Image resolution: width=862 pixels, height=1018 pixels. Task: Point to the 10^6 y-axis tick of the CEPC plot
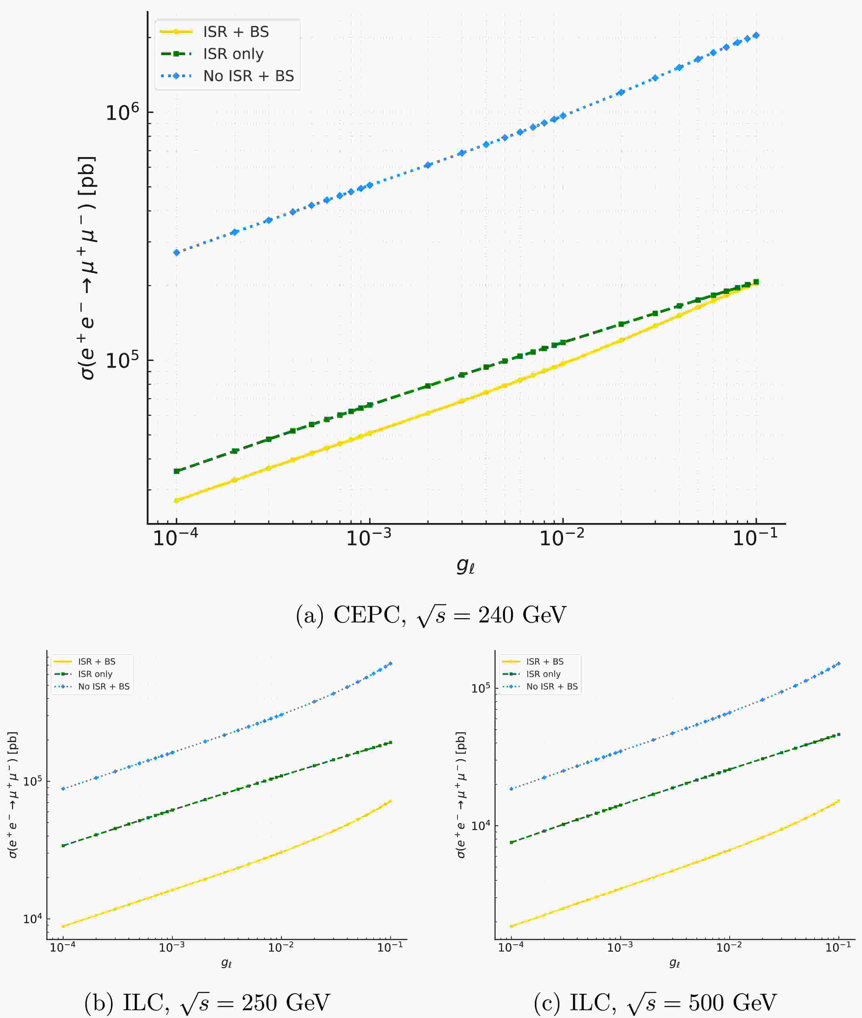click(x=123, y=113)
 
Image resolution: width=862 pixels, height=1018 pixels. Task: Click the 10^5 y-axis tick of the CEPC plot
click(x=123, y=360)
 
